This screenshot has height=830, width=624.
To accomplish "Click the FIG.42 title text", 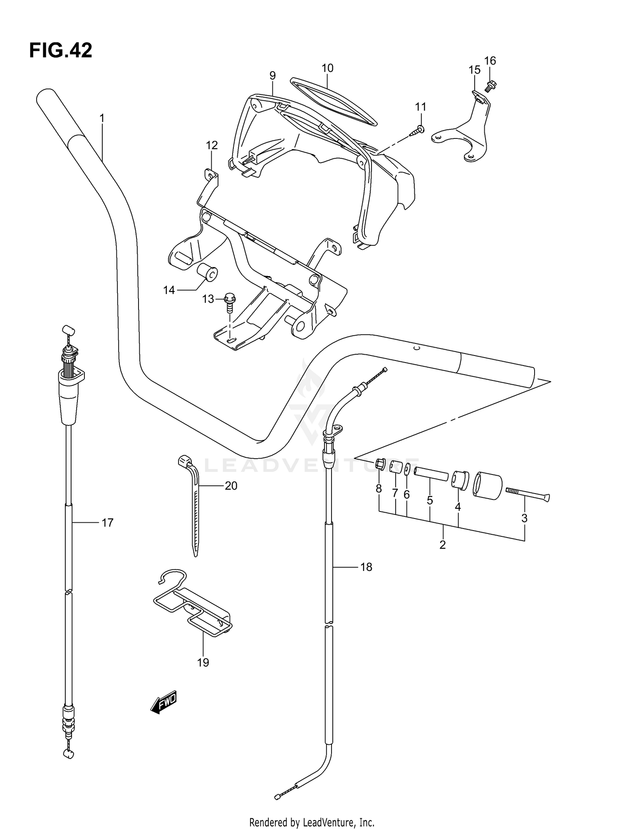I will (61, 51).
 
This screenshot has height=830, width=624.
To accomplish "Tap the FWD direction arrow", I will (164, 702).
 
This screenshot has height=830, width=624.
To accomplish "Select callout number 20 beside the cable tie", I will (231, 485).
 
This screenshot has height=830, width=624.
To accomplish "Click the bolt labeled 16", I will (491, 86).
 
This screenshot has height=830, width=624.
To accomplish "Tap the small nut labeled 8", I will (380, 463).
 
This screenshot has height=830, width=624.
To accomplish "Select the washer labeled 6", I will (407, 469).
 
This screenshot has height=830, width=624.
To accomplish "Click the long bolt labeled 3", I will (527, 494).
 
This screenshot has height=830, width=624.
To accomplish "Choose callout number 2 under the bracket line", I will (442, 544).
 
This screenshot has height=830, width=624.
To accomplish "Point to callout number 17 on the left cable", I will (107, 523).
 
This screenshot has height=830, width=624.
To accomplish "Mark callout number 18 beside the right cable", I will (366, 567).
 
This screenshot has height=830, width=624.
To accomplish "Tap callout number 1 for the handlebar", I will (102, 119).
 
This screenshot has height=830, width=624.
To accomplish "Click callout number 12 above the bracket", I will (212, 146).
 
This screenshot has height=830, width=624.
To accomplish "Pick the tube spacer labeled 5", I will (431, 474).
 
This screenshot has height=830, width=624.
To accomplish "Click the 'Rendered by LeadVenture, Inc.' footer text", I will (312, 822).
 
